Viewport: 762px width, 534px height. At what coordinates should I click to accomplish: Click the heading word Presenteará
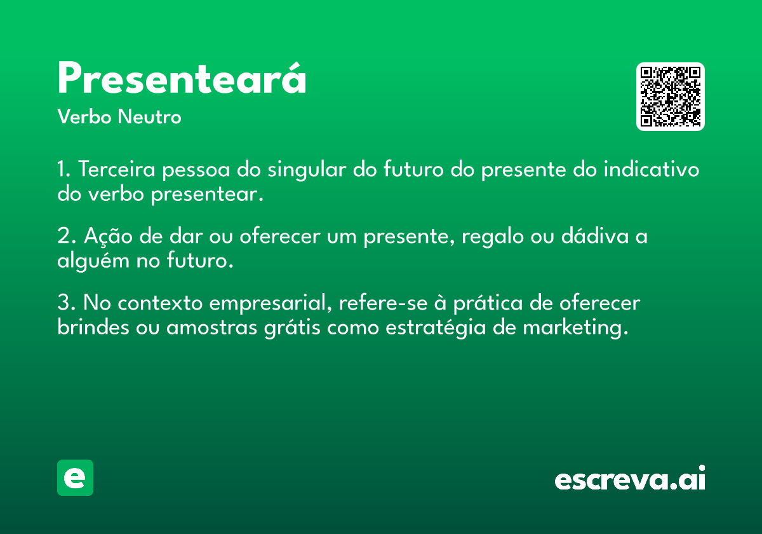pyautogui.click(x=182, y=78)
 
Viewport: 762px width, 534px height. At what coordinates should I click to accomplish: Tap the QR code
pyautogui.click(x=670, y=97)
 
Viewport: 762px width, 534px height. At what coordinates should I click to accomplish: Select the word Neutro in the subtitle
pyautogui.click(x=149, y=117)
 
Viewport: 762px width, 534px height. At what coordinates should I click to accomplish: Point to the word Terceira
pyautogui.click(x=117, y=169)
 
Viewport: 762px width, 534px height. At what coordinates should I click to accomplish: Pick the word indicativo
pyautogui.click(x=651, y=169)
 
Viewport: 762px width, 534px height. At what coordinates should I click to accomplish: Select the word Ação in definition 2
pyautogui.click(x=108, y=236)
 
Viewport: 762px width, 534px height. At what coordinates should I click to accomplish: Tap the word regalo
pyautogui.click(x=493, y=236)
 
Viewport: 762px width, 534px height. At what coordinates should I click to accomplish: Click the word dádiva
pyautogui.click(x=595, y=236)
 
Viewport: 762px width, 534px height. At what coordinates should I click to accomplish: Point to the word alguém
pyautogui.click(x=93, y=261)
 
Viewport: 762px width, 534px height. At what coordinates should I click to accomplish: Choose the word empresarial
pyautogui.click(x=271, y=303)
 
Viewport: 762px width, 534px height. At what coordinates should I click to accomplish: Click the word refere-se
pyautogui.click(x=384, y=303)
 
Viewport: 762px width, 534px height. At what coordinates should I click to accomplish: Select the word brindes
pyautogui.click(x=93, y=327)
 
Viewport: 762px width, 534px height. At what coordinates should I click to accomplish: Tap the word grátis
pyautogui.click(x=292, y=328)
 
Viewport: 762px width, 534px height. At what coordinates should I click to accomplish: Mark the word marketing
pyautogui.click(x=575, y=328)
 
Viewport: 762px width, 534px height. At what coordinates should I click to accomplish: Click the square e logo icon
pyautogui.click(x=75, y=477)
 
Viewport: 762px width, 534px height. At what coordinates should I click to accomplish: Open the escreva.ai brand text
pyautogui.click(x=630, y=477)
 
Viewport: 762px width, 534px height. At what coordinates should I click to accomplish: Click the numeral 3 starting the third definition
pyautogui.click(x=63, y=302)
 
